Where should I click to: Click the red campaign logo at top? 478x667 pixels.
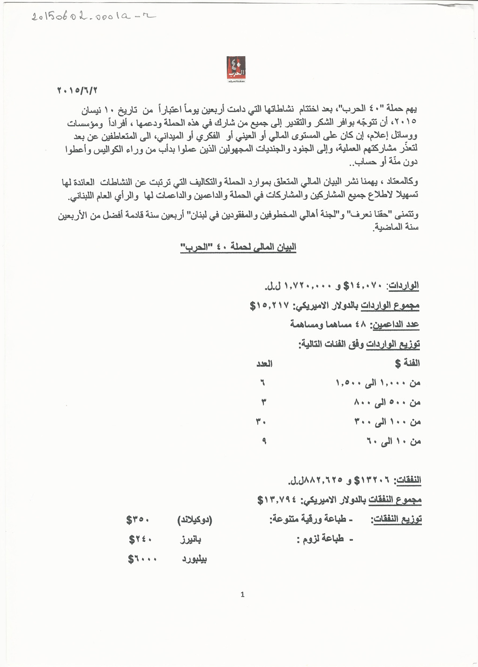[x=236, y=69]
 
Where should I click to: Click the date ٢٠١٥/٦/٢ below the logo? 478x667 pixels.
[x=79, y=90]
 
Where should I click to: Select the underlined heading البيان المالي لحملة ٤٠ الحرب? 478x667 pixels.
[x=239, y=248]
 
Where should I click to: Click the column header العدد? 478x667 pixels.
[x=264, y=364]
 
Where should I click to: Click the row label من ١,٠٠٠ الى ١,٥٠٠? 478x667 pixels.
[x=378, y=383]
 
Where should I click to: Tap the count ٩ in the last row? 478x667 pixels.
[x=264, y=440]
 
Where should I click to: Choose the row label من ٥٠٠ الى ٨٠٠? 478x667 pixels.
[x=387, y=402]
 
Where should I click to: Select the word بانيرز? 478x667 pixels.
[x=191, y=539]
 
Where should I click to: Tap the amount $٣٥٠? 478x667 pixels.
[x=137, y=520]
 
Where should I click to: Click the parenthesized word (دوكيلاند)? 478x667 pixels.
[x=194, y=520]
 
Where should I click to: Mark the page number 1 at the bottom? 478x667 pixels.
[x=242, y=595]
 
